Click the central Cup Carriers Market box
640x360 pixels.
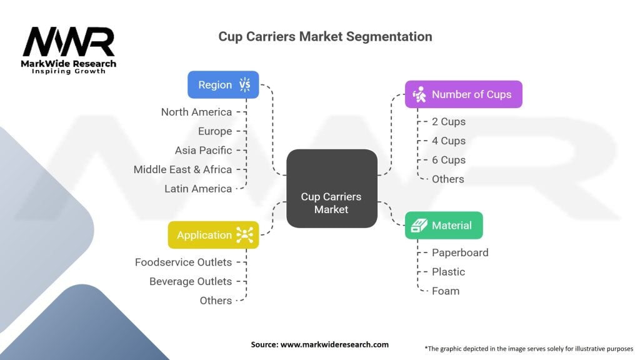[331, 189]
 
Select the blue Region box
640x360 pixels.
[223, 85]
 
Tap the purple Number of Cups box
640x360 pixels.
[463, 94]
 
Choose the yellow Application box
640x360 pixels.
[213, 235]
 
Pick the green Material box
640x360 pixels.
[444, 225]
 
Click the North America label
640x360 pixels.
[196, 112]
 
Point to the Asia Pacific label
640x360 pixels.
[203, 150]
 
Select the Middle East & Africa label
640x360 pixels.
[182, 169]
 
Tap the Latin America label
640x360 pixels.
[198, 188]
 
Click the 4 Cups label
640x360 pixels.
[449, 141]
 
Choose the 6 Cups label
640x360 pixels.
[449, 160]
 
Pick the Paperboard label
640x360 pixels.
[460, 252]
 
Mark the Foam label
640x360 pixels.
[446, 291]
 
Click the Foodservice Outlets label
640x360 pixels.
[183, 262]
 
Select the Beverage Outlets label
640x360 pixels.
[191, 281]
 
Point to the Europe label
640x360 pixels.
[215, 131]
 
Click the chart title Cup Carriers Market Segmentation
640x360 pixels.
[325, 36]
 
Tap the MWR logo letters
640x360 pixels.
[69, 42]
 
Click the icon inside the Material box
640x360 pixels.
[417, 225]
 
